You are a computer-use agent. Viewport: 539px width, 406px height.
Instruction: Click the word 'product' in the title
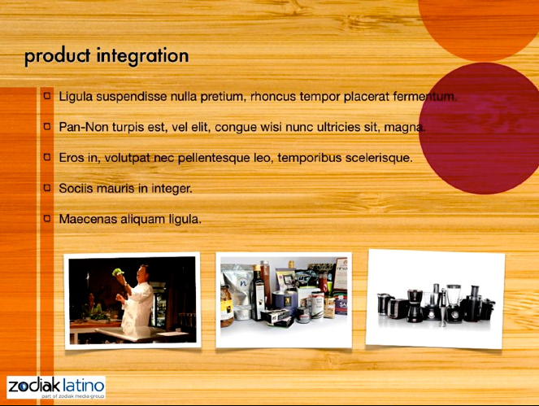click(58, 56)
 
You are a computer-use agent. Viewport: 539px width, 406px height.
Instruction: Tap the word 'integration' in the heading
click(142, 56)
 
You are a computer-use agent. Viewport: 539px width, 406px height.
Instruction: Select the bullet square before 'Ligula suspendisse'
click(47, 95)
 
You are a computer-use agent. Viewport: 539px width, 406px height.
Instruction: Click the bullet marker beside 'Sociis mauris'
click(47, 187)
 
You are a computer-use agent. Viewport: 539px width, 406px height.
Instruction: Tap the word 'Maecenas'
click(88, 219)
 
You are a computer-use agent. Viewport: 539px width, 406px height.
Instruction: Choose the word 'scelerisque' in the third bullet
click(379, 158)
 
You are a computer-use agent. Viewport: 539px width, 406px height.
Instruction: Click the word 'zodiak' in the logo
click(34, 386)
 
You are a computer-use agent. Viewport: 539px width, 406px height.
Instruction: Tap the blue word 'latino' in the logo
click(84, 386)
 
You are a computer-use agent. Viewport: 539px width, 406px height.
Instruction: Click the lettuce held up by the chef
click(118, 272)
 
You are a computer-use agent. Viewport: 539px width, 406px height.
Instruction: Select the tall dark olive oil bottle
click(258, 294)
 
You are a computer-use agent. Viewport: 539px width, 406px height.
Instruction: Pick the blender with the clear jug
click(454, 303)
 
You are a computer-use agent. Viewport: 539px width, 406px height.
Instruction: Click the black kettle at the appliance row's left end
click(385, 303)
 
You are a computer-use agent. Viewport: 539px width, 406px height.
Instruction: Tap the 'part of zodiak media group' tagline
click(73, 396)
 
